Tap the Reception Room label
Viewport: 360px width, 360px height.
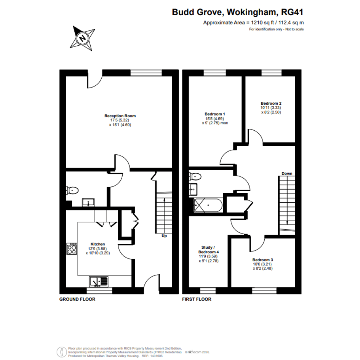pos(120,116)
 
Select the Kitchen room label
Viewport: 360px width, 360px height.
pos(98,244)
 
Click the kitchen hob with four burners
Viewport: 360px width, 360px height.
pos(72,249)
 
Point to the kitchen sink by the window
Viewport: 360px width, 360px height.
pos(99,282)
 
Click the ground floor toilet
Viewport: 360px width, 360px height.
pos(72,190)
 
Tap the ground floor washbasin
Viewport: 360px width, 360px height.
pos(88,203)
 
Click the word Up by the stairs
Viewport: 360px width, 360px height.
pos(164,236)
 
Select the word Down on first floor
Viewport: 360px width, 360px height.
pos(287,174)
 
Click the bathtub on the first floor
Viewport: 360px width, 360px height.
pos(208,205)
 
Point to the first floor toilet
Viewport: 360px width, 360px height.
pos(195,176)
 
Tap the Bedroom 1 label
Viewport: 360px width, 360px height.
pos(215,114)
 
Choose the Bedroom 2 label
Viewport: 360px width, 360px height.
pos(271,103)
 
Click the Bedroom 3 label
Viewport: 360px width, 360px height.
pos(262,260)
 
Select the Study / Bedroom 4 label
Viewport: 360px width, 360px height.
pos(208,250)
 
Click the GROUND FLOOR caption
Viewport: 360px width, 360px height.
pos(77,299)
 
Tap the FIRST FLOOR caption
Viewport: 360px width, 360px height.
pos(197,299)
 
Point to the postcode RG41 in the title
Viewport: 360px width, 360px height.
pos(292,12)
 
